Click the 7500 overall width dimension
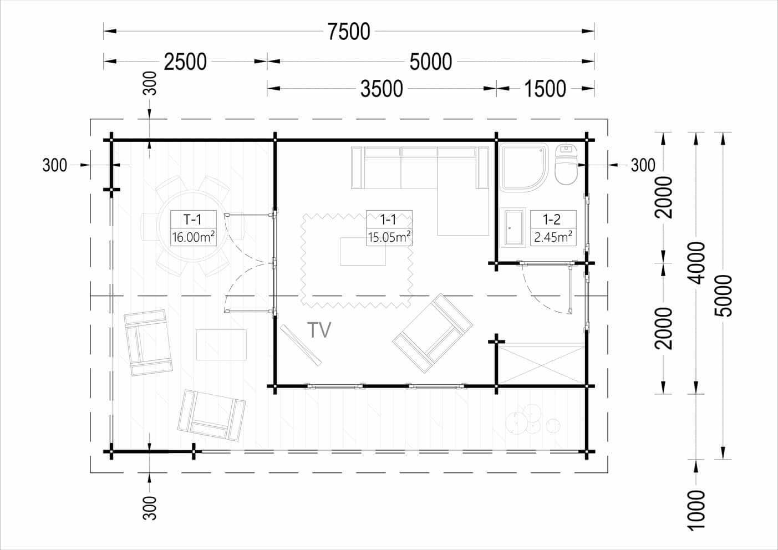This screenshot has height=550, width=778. (349, 32)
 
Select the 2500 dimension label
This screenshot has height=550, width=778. (185, 62)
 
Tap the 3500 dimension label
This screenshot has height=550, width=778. (382, 89)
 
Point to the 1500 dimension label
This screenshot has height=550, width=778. (545, 89)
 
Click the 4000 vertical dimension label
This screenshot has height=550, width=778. (696, 263)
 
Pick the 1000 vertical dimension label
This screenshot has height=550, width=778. (696, 511)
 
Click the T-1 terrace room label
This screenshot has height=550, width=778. (192, 220)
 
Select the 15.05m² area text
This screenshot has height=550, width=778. (389, 237)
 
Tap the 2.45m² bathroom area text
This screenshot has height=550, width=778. (553, 237)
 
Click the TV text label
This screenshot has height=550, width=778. (319, 330)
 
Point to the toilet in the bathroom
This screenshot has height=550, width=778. (566, 164)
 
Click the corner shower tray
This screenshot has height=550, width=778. (525, 167)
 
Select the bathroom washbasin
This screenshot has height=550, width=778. (512, 227)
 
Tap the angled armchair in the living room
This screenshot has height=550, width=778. (433, 333)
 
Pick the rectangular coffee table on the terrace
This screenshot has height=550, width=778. (221, 345)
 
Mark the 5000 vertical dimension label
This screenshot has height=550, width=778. (724, 296)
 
